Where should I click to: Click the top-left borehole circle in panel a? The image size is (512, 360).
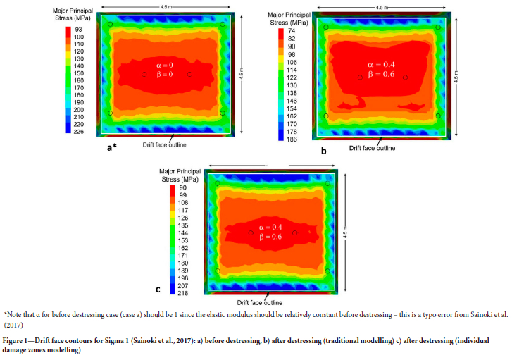110,25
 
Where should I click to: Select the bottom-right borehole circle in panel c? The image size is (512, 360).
327,271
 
